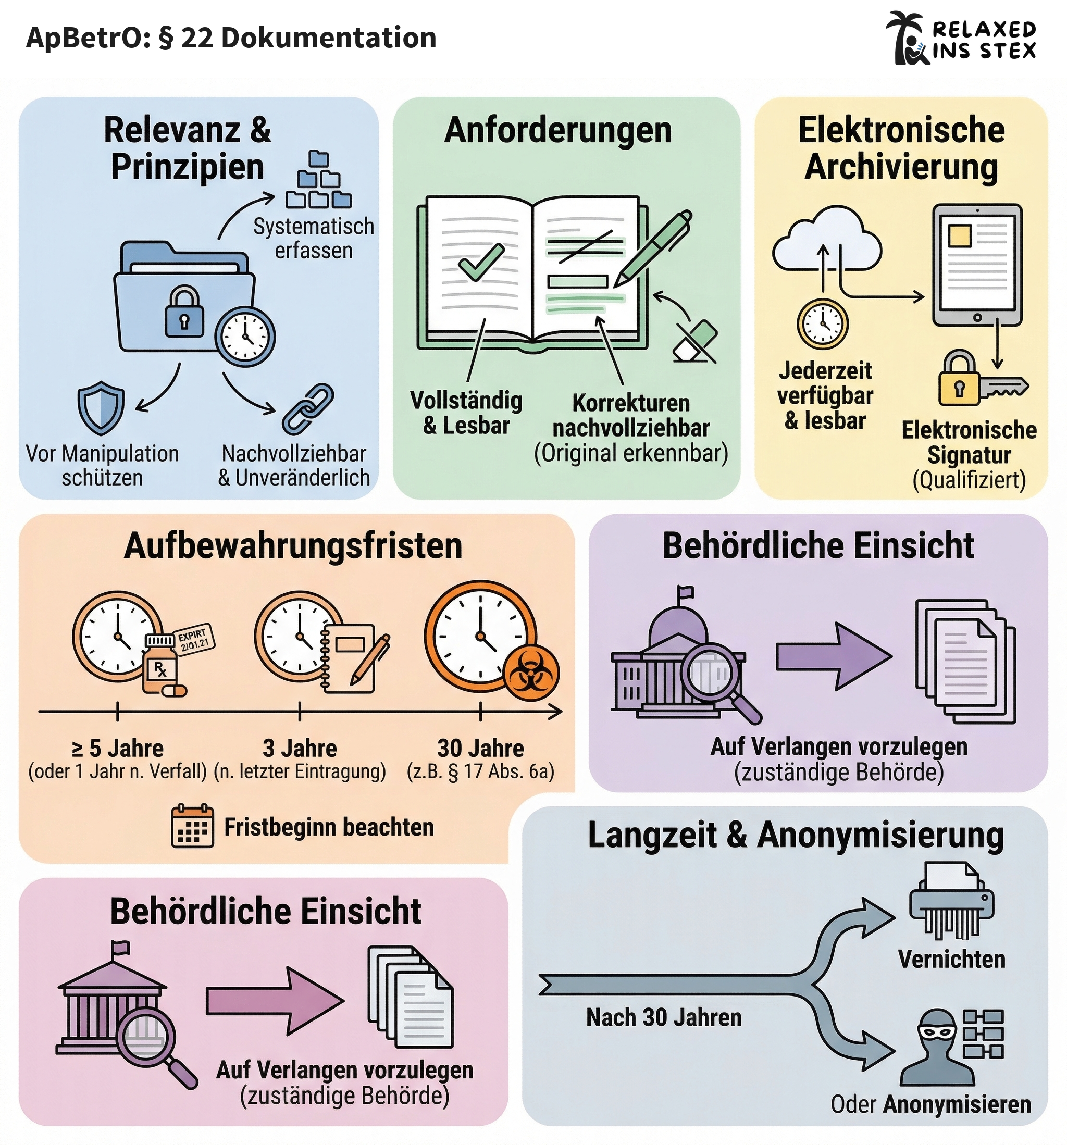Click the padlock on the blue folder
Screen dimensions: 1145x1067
(184, 313)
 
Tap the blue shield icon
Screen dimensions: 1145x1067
(101, 407)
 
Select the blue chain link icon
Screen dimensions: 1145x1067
(308, 409)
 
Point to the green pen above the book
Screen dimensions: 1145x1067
(654, 247)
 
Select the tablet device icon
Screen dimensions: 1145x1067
(977, 265)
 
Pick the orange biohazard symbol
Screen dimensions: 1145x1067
(530, 672)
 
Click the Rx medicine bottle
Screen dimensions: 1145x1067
(161, 665)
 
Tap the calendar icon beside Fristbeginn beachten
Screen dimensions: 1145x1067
(192, 827)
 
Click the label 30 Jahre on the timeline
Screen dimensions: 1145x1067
(480, 748)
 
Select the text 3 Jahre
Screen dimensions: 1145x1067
(300, 748)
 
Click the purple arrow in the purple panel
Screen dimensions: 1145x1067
(833, 656)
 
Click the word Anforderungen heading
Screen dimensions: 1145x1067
(557, 130)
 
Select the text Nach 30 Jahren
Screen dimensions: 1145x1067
(664, 1018)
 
